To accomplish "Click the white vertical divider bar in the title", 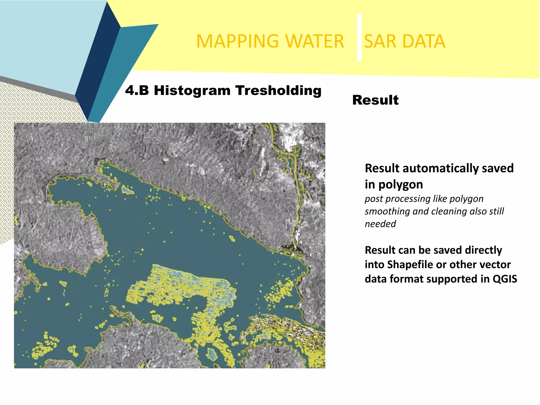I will click(x=359, y=37).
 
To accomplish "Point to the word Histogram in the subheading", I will click(x=192, y=91).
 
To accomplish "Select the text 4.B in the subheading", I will click(x=137, y=91).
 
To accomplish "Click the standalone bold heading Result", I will click(x=375, y=100).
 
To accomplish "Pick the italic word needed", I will click(x=380, y=224).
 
